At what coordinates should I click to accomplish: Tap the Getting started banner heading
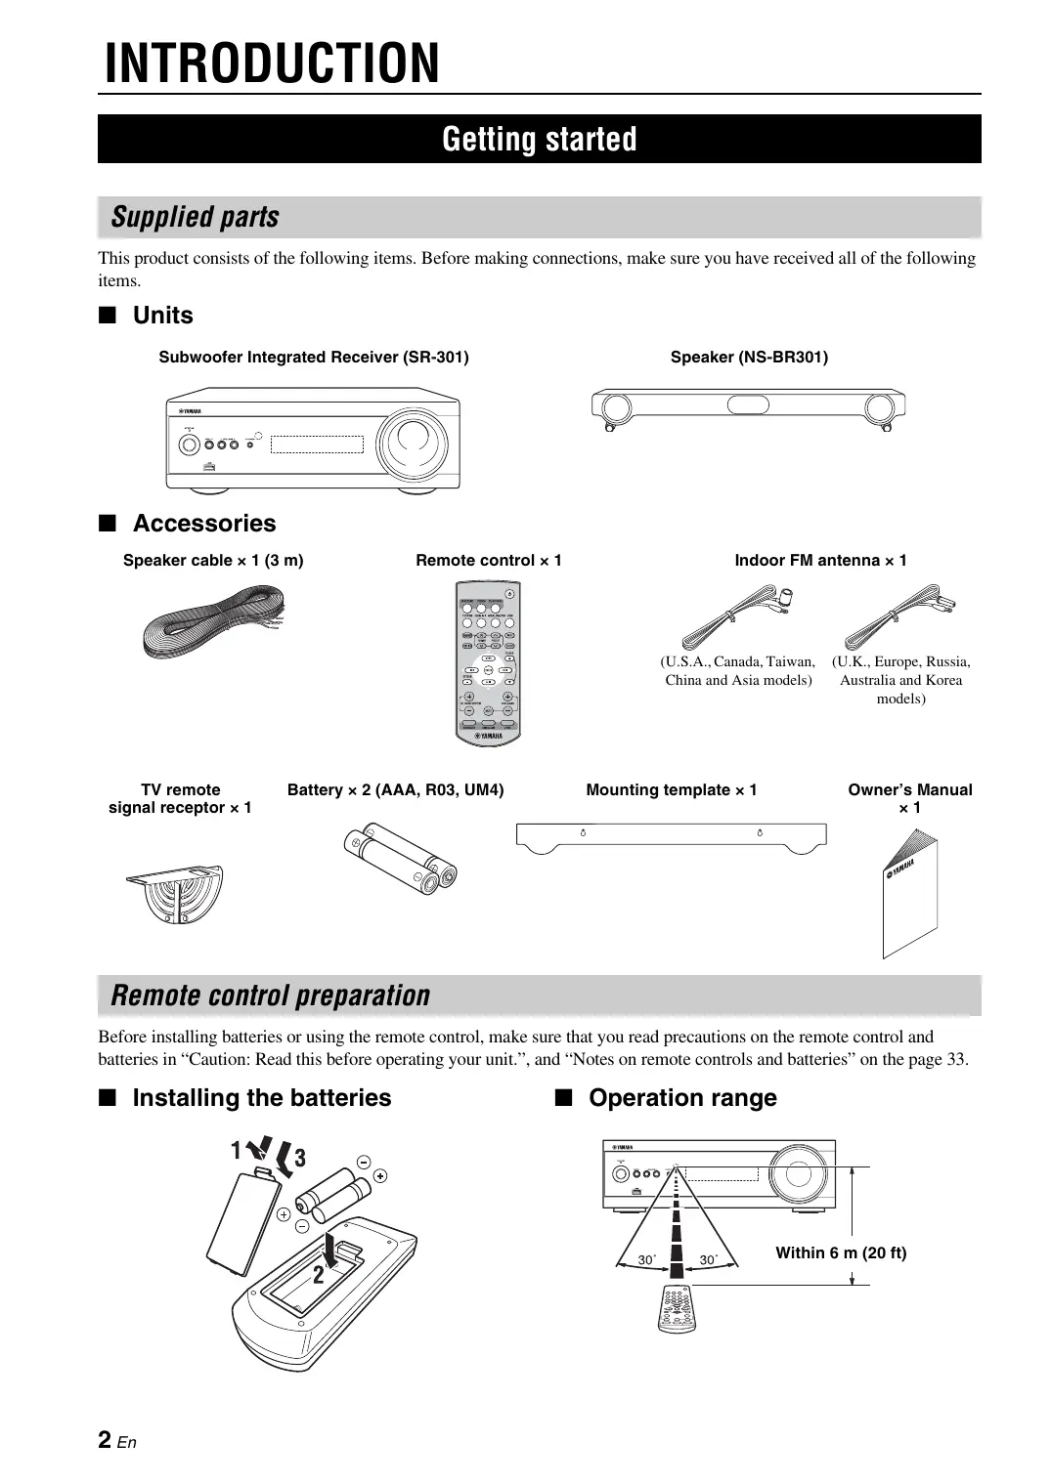coord(539,140)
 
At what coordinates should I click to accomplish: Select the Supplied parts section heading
coord(196,217)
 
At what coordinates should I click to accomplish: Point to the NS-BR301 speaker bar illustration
coord(748,407)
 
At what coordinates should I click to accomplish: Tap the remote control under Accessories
coord(488,661)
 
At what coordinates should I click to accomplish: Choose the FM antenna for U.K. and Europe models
coord(900,615)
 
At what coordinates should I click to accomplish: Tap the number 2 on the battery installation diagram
coord(319,1275)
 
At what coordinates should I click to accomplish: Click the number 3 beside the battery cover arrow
coord(300,1159)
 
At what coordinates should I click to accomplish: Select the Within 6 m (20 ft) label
coord(841,1252)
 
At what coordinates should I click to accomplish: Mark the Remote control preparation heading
coord(270,996)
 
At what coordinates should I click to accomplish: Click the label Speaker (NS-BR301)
coord(749,358)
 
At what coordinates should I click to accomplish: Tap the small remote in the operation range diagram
coord(676,1309)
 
